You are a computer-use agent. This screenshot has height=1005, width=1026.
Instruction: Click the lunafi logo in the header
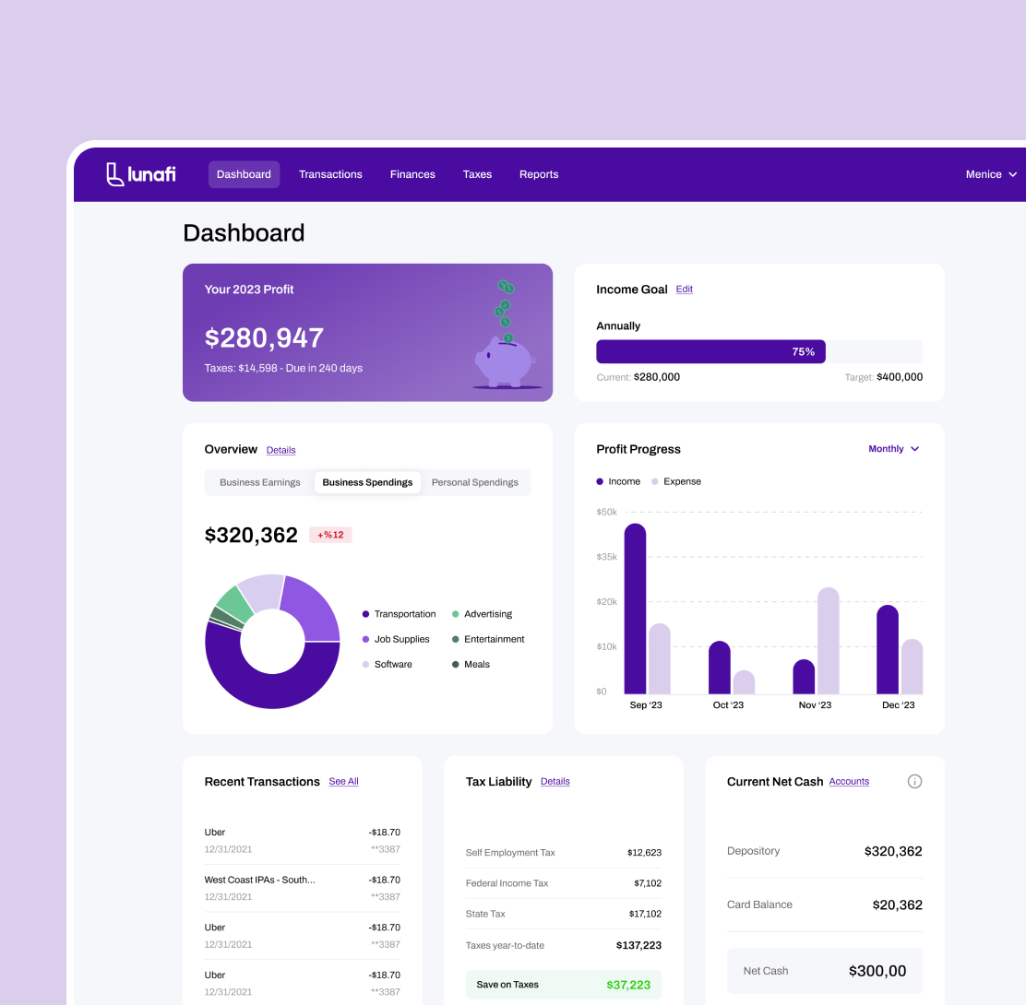click(x=140, y=174)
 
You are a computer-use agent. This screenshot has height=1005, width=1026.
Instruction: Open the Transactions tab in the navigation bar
click(x=330, y=174)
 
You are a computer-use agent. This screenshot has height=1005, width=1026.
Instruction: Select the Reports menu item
click(x=539, y=174)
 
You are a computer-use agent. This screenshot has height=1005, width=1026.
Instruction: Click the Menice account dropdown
click(x=991, y=174)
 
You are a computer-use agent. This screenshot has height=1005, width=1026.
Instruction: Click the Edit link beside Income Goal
click(x=684, y=290)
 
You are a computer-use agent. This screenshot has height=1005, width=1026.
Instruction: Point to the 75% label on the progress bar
click(x=803, y=351)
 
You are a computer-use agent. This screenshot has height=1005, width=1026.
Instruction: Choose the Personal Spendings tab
click(x=474, y=482)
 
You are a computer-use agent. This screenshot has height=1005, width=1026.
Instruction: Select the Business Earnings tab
click(x=260, y=482)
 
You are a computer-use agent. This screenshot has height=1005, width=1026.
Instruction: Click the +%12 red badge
click(x=330, y=535)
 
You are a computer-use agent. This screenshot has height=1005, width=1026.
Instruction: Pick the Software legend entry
click(x=393, y=664)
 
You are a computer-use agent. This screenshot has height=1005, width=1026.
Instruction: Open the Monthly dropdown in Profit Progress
click(x=893, y=449)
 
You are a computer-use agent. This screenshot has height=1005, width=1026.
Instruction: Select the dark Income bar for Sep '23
click(x=635, y=609)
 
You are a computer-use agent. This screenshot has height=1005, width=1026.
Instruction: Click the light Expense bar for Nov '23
click(x=829, y=641)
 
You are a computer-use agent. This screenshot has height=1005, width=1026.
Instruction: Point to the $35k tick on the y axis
click(x=607, y=557)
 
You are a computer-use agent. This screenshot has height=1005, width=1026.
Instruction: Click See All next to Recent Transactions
click(x=343, y=782)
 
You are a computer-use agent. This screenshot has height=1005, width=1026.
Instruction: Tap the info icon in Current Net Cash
click(x=914, y=782)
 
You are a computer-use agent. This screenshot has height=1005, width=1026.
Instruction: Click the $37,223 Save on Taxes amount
click(x=628, y=985)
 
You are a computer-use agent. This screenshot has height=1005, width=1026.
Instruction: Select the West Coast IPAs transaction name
click(x=259, y=880)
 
